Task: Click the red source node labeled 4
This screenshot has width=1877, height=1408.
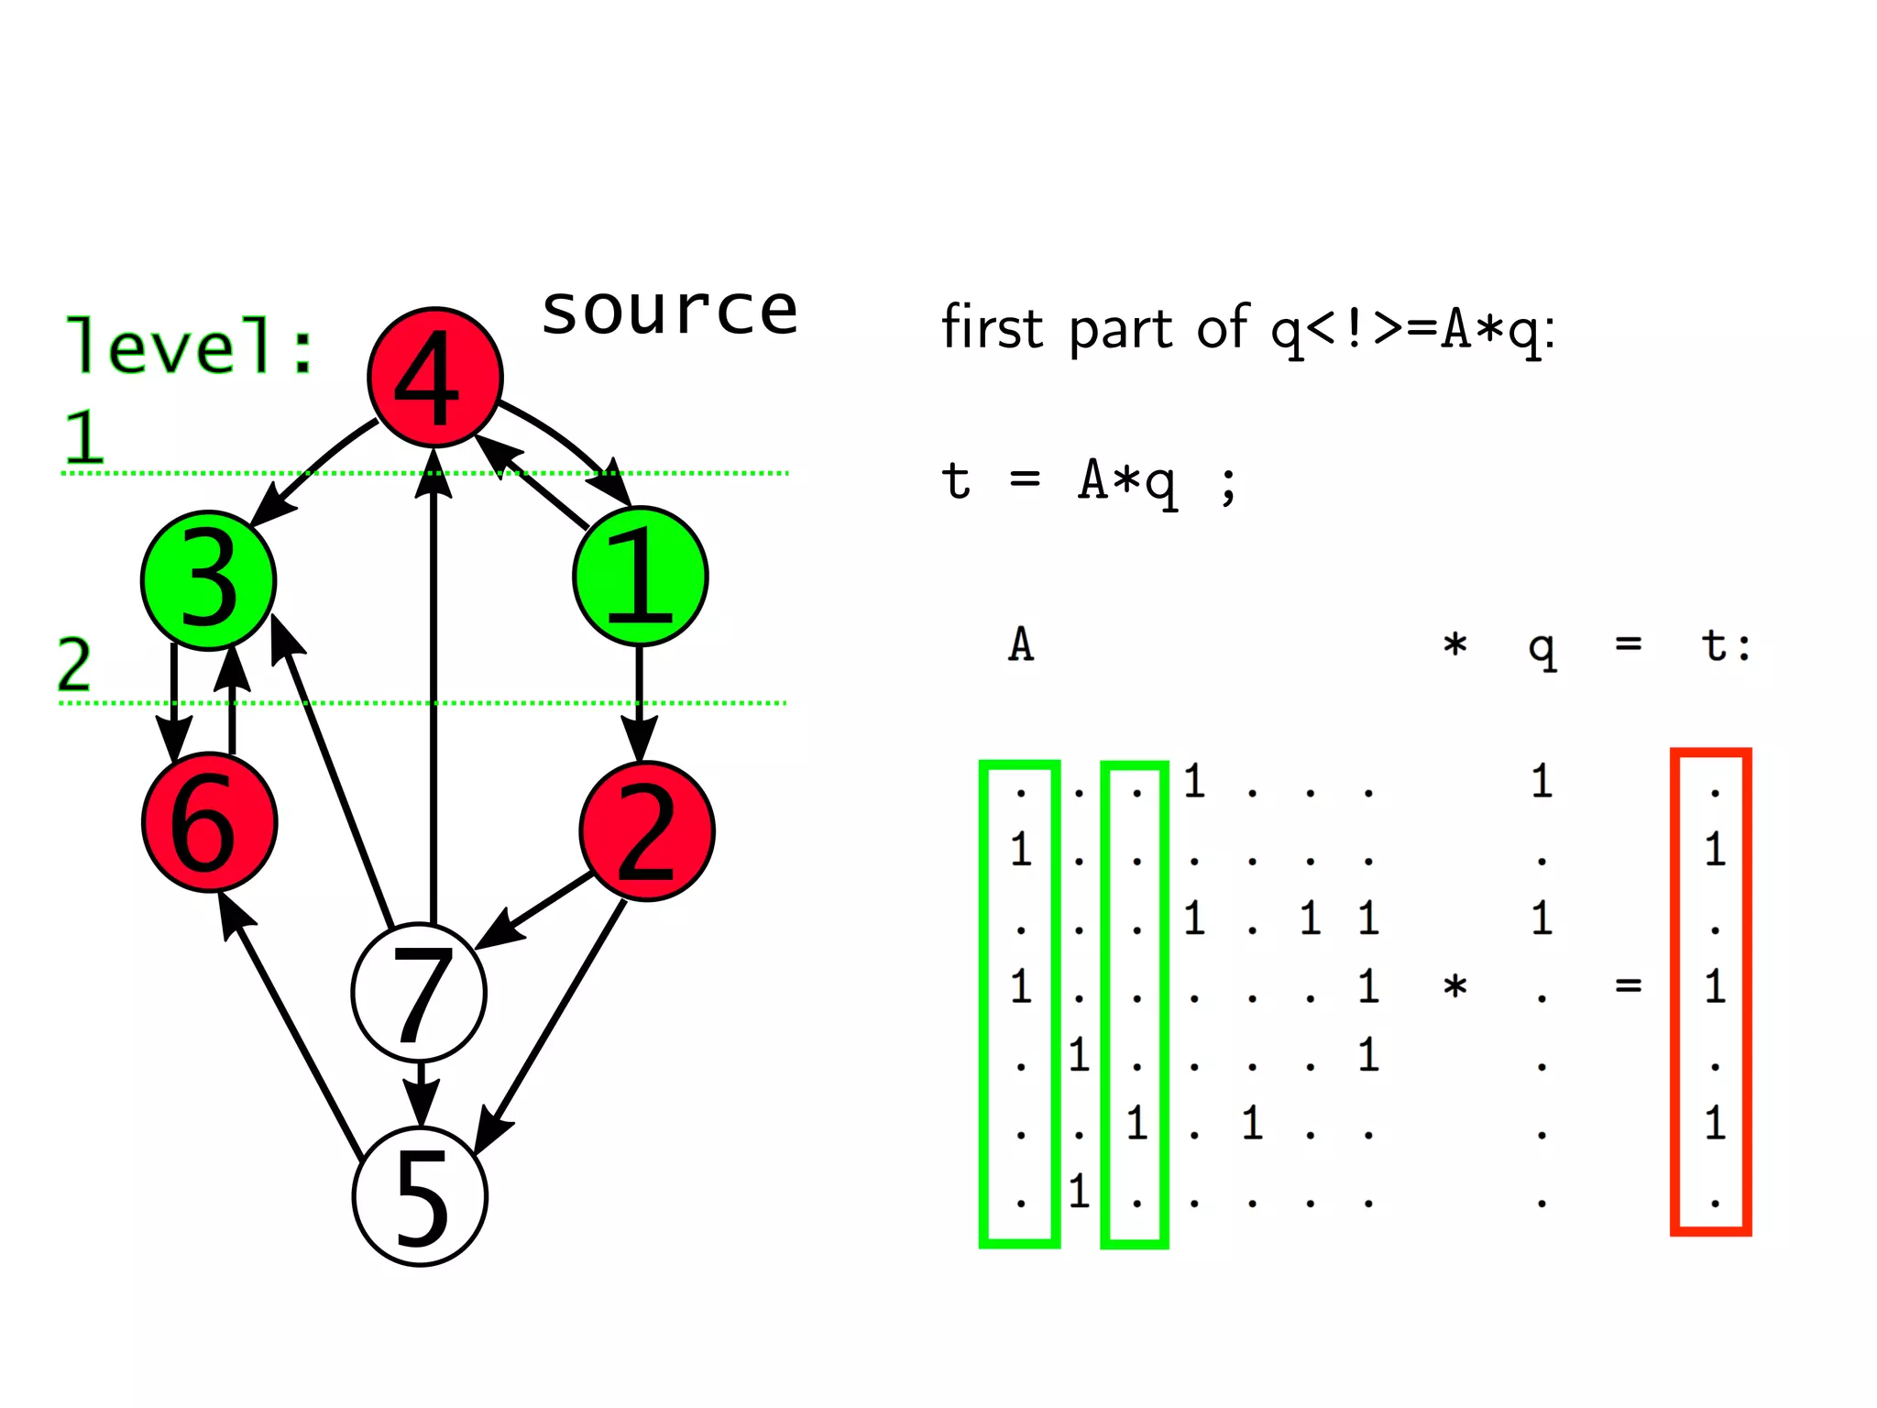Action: point(434,377)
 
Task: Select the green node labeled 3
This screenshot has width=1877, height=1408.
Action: point(208,580)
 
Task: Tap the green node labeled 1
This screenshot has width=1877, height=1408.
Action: point(640,576)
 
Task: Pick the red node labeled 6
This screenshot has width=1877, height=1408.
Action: point(209,822)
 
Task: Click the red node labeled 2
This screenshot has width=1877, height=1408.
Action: point(647,830)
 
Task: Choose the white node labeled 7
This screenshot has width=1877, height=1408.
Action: point(419,993)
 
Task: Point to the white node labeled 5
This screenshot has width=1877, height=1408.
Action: point(420,1196)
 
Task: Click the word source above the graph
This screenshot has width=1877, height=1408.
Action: point(669,312)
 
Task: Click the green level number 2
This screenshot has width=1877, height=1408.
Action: point(74,665)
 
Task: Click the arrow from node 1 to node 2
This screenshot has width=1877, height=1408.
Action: point(639,706)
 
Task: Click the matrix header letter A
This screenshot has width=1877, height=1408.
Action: point(1021,644)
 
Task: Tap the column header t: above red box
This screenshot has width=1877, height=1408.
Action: point(1726,645)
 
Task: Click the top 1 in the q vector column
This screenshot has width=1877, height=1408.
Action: point(1542,782)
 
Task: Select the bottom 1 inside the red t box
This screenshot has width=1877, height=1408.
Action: point(1715,1123)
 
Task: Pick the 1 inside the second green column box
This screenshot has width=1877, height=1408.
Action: point(1136,1123)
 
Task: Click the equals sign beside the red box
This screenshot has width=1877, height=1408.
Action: point(1628,986)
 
